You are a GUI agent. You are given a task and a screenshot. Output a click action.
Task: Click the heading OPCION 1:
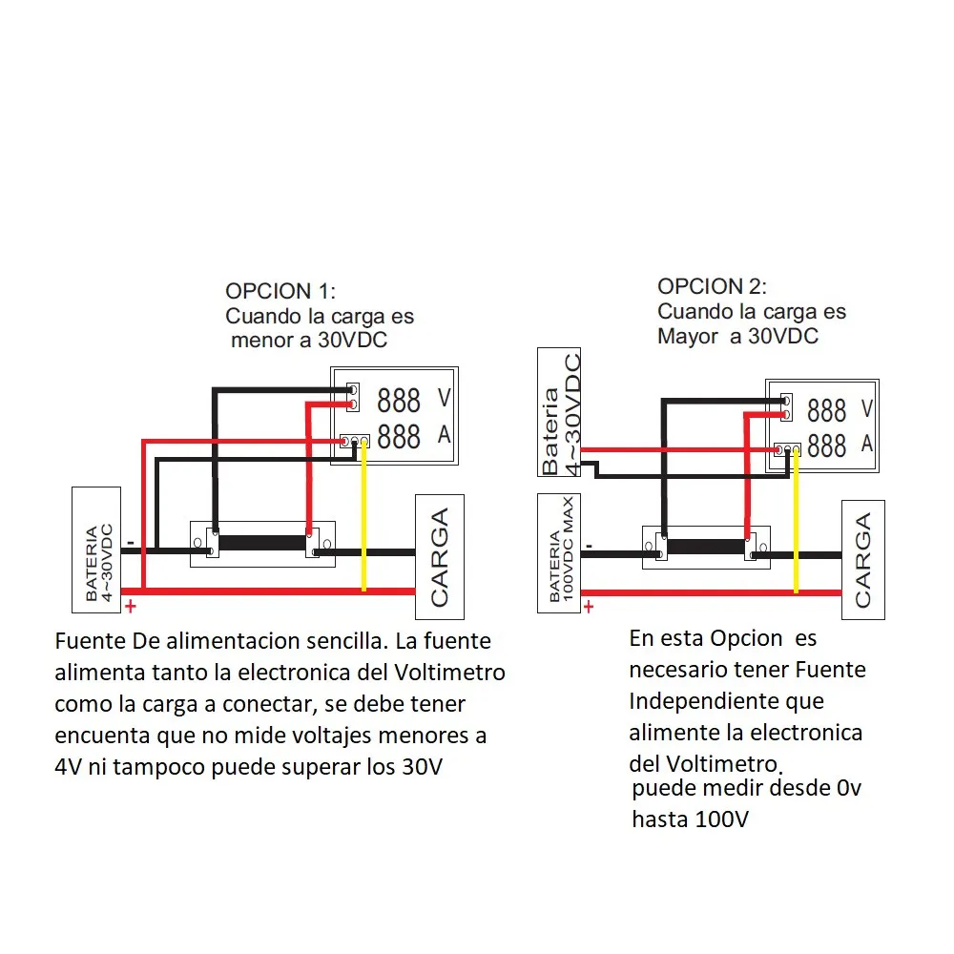(280, 291)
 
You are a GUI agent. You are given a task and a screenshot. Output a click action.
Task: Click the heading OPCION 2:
(712, 286)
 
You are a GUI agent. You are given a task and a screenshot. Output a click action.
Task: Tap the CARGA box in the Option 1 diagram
(439, 557)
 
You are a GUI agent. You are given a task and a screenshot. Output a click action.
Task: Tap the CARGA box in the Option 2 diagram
(862, 560)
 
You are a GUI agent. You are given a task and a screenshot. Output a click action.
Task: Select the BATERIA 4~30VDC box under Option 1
(97, 550)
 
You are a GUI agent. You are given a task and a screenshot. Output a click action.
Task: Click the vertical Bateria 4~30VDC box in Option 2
(560, 412)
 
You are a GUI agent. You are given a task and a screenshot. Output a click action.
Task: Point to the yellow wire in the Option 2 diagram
(796, 525)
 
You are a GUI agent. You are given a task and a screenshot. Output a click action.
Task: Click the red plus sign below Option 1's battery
(131, 608)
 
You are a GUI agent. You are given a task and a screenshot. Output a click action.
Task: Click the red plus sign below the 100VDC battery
(589, 606)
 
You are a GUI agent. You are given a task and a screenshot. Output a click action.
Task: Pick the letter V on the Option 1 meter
(444, 398)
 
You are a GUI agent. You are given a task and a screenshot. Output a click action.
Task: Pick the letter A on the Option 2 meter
(866, 444)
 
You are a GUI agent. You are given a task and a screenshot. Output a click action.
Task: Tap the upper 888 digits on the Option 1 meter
(399, 400)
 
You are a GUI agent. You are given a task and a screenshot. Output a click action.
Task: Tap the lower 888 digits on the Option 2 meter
(826, 446)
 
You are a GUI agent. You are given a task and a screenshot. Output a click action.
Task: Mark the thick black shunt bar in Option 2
(706, 547)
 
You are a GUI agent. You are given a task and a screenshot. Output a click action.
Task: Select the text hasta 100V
(690, 819)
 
